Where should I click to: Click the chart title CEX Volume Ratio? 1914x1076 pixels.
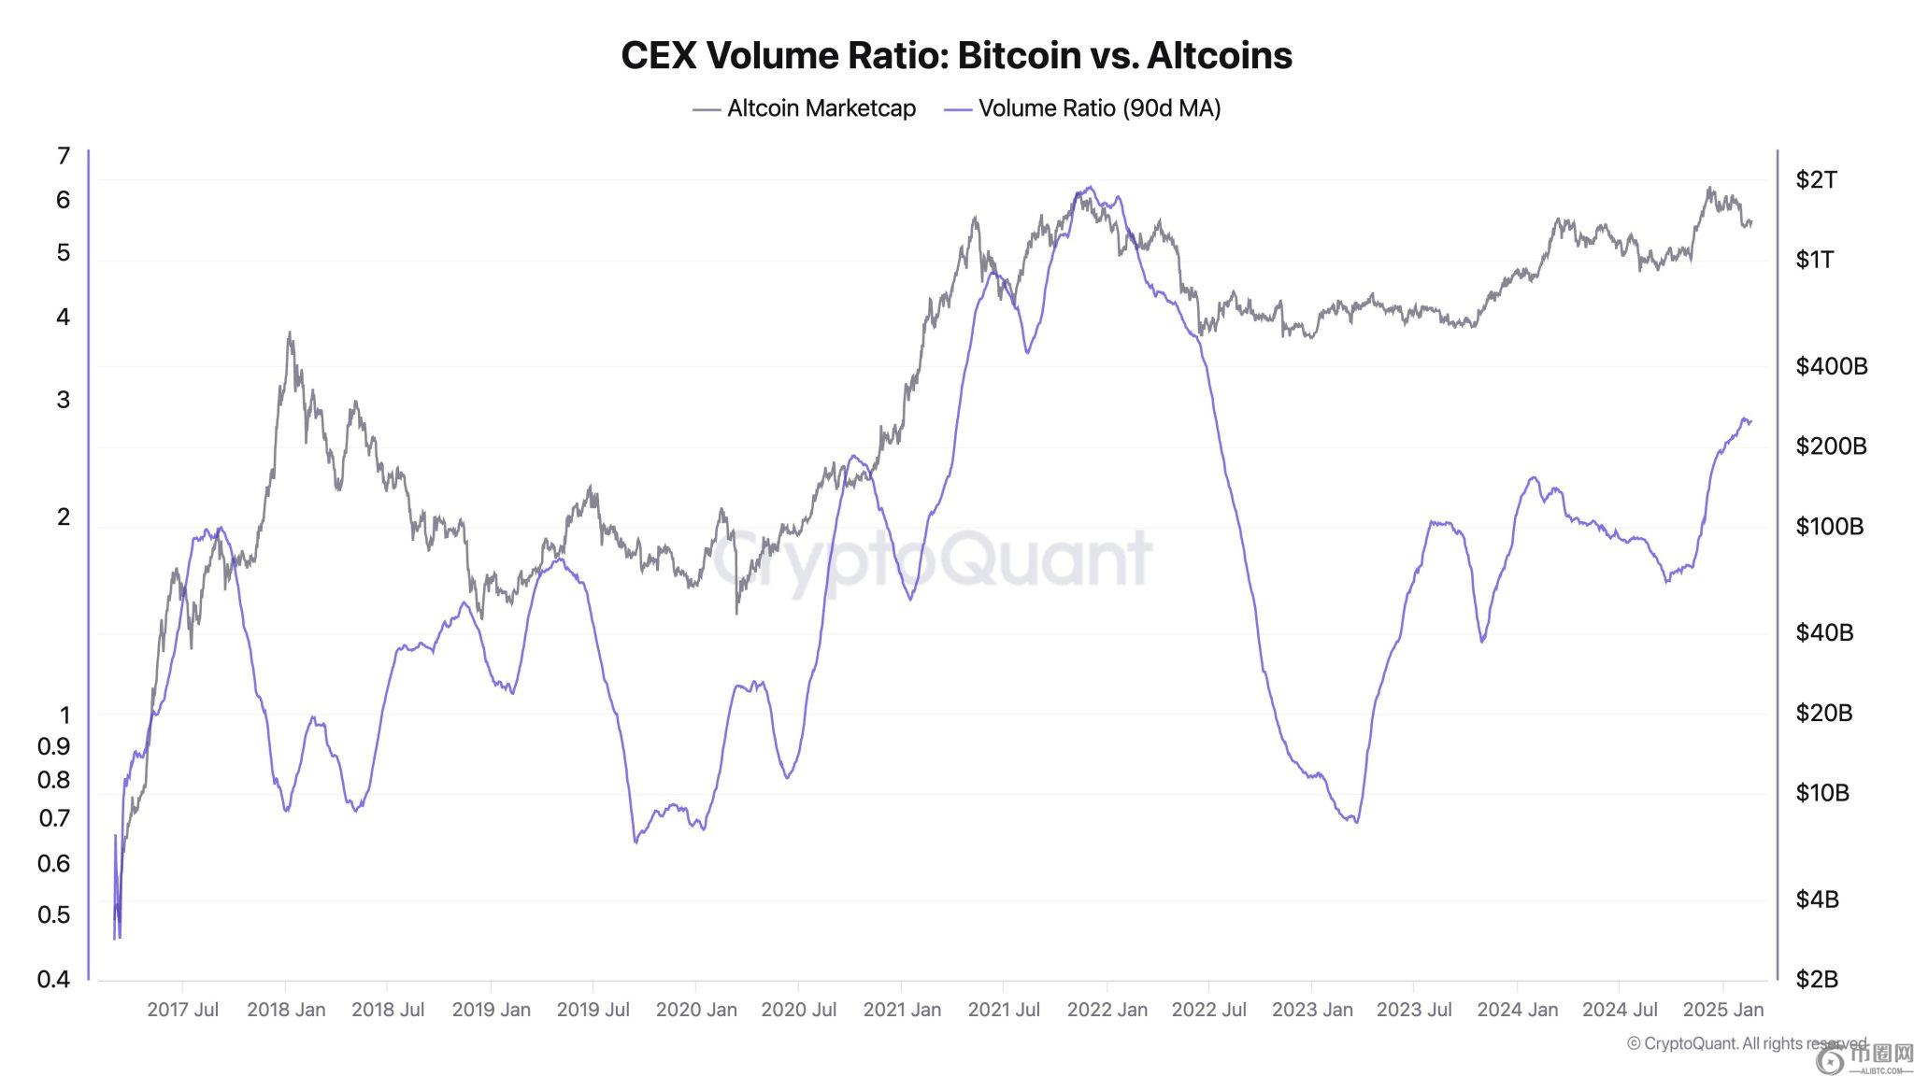coord(956,55)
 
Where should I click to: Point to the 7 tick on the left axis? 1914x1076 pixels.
coord(64,156)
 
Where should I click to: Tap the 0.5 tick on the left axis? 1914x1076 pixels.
coord(54,914)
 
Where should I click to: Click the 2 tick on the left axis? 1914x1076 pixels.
coord(64,517)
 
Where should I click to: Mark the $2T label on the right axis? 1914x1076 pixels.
coord(1816,179)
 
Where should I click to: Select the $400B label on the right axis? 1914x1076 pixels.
coord(1831,366)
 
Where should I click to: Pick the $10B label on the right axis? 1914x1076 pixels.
coord(1822,793)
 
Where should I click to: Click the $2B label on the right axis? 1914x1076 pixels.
coord(1817,979)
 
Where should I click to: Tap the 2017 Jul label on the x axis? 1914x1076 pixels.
coord(183,1010)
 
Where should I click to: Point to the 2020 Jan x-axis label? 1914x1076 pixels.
coord(696,1010)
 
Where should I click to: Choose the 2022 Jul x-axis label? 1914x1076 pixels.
coord(1209,1010)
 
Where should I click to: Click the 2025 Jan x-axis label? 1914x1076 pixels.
coord(1722,1010)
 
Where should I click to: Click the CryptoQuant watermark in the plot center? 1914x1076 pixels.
coord(933,559)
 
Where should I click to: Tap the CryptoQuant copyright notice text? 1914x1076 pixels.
coord(1746,1043)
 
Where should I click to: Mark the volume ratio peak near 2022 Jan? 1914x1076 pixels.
coord(1090,187)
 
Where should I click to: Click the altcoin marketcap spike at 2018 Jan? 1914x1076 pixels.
coord(290,333)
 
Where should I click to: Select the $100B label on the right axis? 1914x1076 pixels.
coord(1829,527)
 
